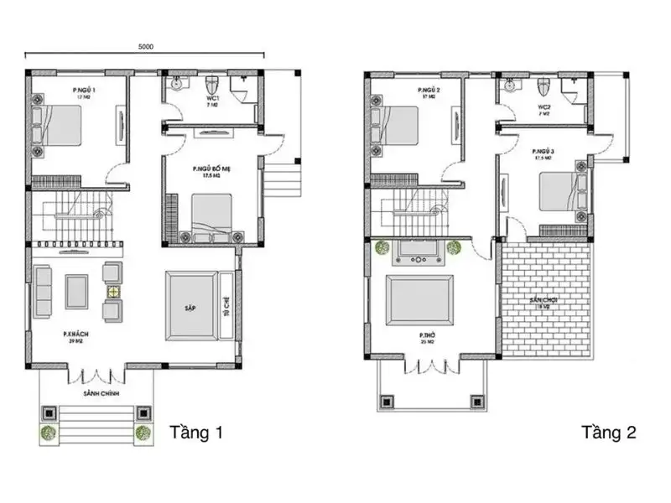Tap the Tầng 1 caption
click(196, 433)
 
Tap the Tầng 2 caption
click(609, 433)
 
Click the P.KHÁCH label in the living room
click(75, 334)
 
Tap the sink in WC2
click(510, 85)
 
